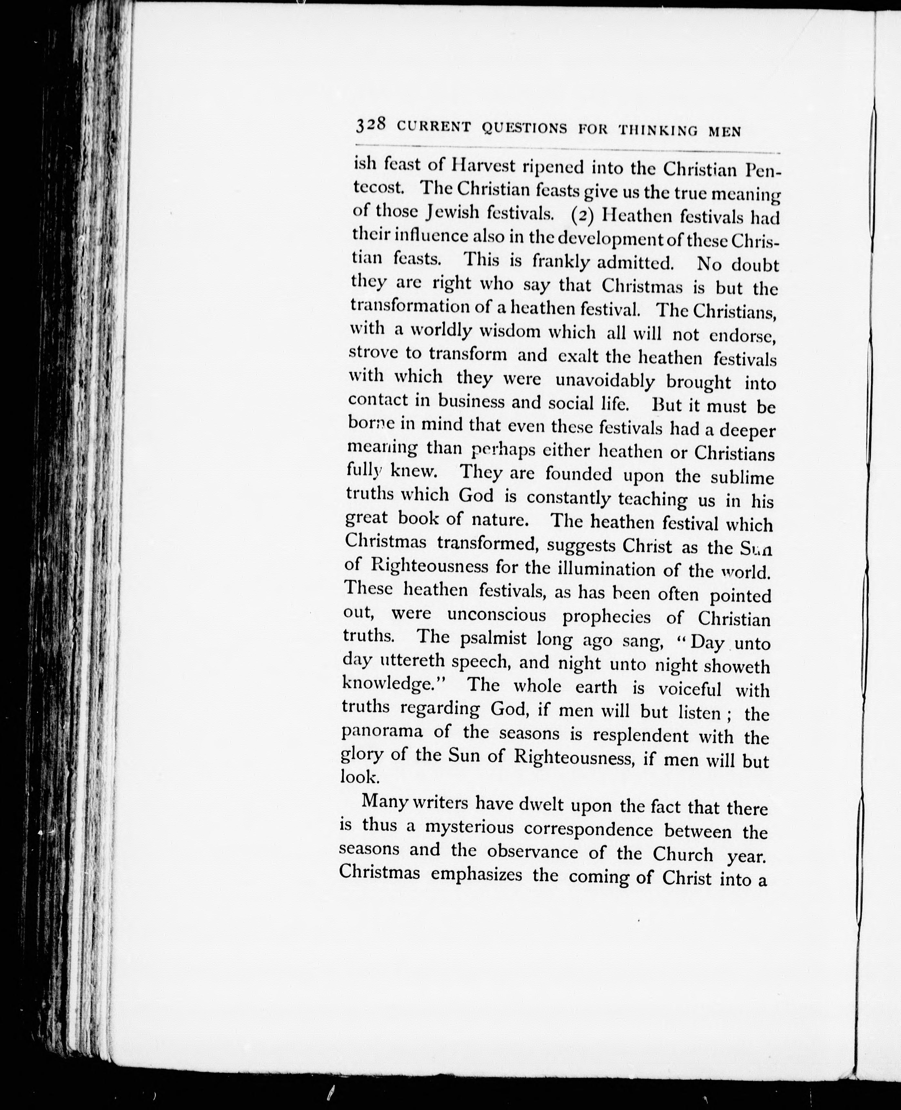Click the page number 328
(370, 125)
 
